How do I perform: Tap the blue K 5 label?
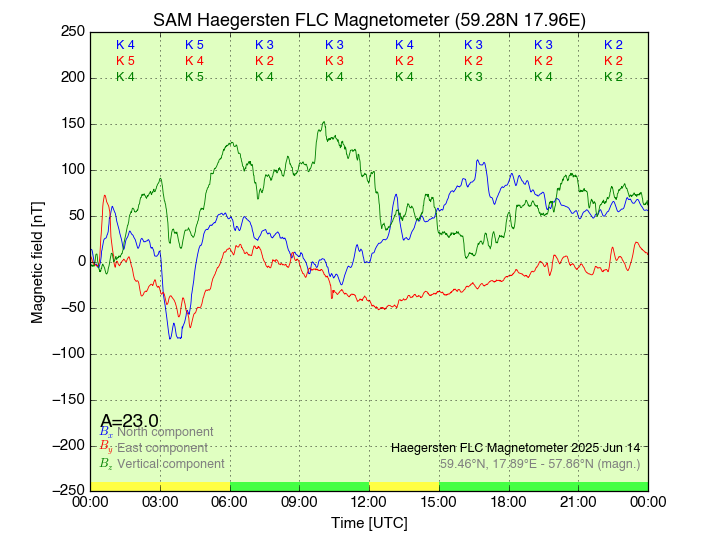pos(194,45)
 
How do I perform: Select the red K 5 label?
pos(125,61)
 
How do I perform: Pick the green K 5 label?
pos(194,77)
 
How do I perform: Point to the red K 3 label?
pos(334,61)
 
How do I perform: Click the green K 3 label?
pos(473,77)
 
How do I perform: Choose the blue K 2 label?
pos(613,45)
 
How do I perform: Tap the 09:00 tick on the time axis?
pos(300,501)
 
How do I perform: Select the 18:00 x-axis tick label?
pos(509,501)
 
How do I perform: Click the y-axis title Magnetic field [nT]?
pos(38,260)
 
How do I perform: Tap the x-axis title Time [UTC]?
pos(369,522)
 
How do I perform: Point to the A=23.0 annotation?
pos(129,420)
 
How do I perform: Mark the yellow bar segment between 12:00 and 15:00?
pos(404,486)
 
